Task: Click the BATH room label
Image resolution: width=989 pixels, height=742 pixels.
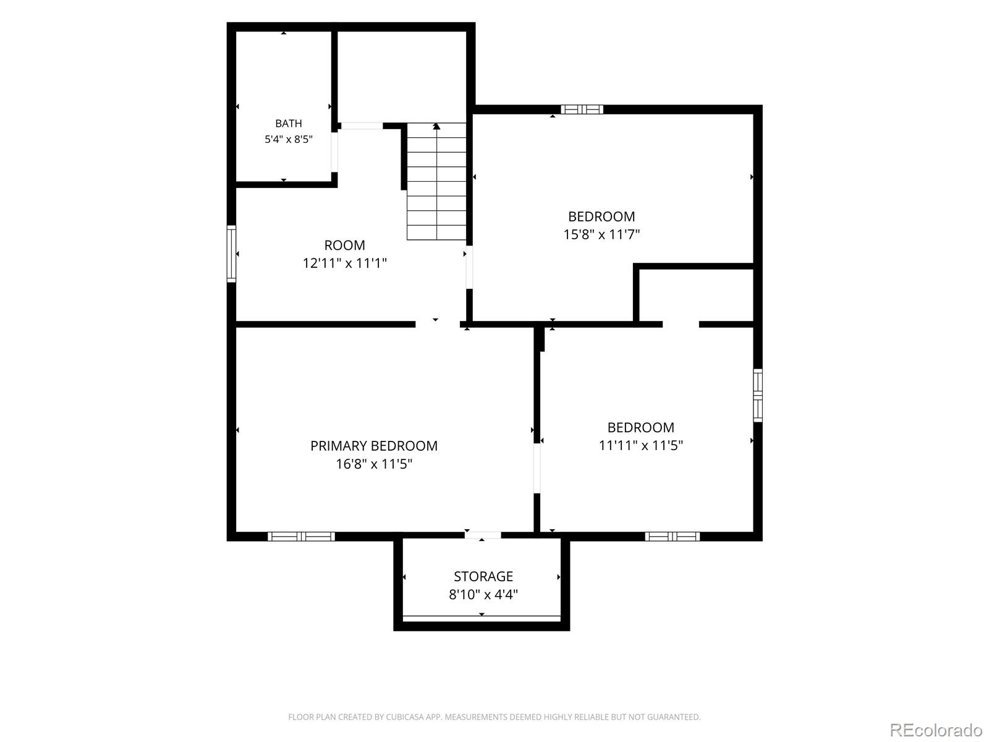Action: [289, 123]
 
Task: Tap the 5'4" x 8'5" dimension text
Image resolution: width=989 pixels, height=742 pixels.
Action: [289, 139]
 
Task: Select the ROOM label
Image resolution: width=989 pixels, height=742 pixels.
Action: [345, 245]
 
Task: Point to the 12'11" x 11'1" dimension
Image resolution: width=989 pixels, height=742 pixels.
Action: [345, 263]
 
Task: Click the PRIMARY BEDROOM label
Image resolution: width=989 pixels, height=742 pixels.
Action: [374, 446]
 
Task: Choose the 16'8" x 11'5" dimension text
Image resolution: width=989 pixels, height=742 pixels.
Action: [374, 464]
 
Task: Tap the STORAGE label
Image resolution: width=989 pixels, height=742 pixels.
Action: [483, 576]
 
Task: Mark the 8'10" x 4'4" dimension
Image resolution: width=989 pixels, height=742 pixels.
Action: [483, 595]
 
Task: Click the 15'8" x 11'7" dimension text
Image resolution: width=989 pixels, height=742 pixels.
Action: [601, 235]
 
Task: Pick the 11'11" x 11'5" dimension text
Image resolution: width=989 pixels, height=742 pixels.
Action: [641, 446]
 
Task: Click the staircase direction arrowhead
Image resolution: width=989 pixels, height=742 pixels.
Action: [436, 127]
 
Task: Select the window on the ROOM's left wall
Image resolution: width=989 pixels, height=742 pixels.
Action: [231, 254]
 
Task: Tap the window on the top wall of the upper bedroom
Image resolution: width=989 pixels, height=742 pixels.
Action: [582, 109]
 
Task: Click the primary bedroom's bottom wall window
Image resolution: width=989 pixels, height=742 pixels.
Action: [302, 536]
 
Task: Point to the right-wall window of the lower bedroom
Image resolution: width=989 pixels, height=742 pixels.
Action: [758, 396]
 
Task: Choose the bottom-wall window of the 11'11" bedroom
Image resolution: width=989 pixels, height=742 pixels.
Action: [673, 536]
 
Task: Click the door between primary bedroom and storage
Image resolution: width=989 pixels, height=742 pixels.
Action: [483, 535]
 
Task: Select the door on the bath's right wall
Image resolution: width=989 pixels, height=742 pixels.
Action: [334, 152]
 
